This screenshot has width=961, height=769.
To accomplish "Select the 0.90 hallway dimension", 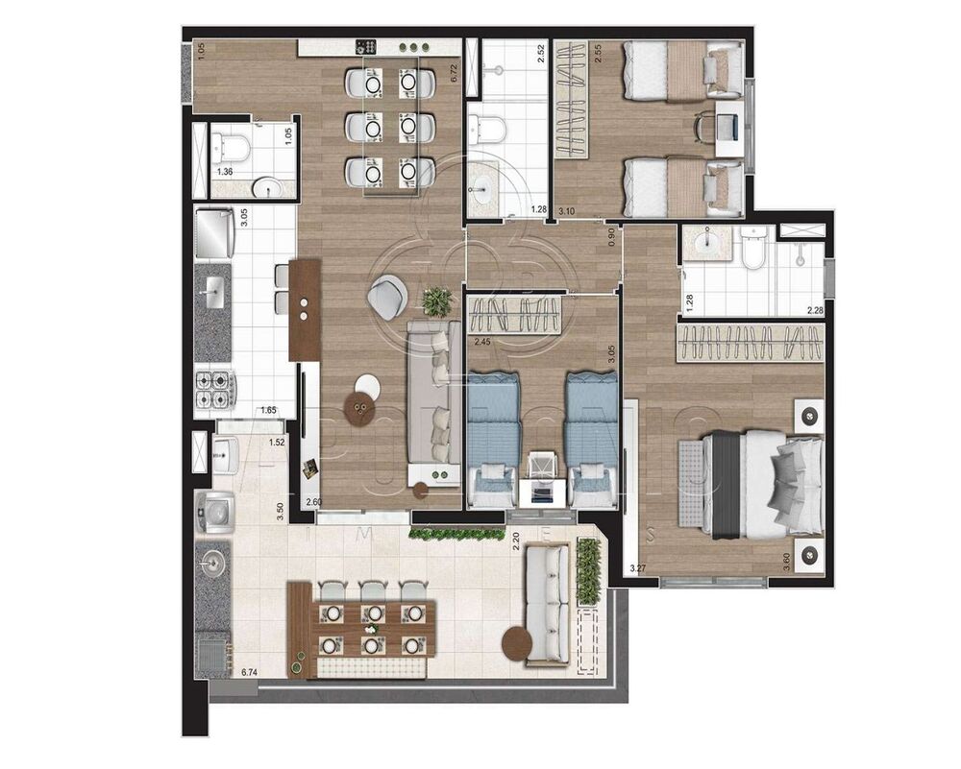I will tap(611, 237).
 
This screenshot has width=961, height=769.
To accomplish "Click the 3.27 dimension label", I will tap(637, 568).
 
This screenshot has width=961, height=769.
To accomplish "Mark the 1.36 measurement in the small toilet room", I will tap(225, 172).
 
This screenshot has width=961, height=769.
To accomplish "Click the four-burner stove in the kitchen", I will tap(215, 388).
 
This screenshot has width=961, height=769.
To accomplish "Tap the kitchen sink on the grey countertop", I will tap(212, 289).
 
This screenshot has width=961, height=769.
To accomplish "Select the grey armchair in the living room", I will tap(387, 297).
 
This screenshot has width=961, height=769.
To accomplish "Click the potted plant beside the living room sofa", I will tap(437, 301).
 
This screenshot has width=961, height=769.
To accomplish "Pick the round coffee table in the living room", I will tap(362, 411).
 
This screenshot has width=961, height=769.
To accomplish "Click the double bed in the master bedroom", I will tap(764, 483).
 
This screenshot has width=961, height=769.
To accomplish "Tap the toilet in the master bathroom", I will tap(754, 248).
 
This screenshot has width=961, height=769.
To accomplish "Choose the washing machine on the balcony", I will tap(213, 513).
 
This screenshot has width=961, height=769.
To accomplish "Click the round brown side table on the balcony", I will tap(519, 643).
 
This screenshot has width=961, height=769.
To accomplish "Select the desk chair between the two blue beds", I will tap(544, 466).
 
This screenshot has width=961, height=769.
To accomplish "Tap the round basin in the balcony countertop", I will tap(211, 561).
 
